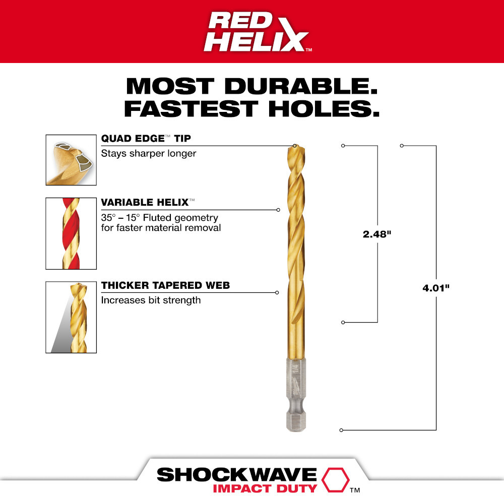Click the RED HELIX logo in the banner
[x=257, y=31]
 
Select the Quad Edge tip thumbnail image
[x=71, y=160]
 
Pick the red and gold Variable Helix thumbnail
[x=71, y=233]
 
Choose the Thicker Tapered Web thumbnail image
[x=71, y=317]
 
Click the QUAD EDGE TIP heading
[x=146, y=139]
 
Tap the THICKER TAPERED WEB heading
[x=165, y=286]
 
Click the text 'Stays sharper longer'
[x=149, y=153]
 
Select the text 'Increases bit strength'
[x=151, y=300]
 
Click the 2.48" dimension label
[x=377, y=234]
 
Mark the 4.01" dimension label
[x=436, y=288]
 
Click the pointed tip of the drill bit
[x=295, y=146]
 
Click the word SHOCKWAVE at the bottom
[x=236, y=475]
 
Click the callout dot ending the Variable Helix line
[x=278, y=210]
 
